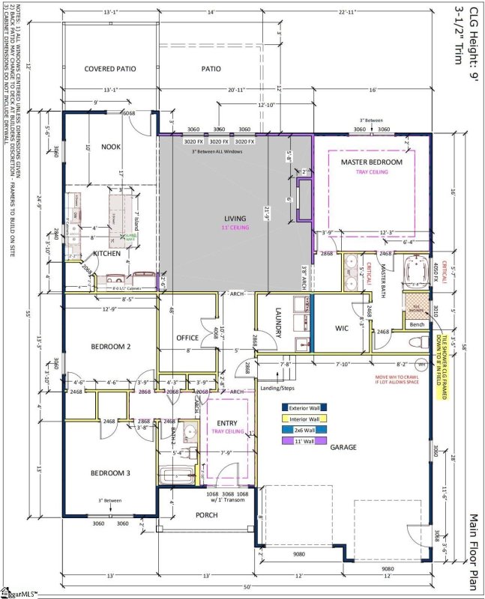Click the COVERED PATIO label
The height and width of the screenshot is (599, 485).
coord(109,68)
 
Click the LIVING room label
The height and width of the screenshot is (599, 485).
coord(235,218)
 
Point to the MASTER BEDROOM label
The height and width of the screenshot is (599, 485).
coord(371,162)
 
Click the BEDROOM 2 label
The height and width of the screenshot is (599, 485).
coord(111,347)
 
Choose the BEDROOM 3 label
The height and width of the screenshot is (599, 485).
coord(111,473)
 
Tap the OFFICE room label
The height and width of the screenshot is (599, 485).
coord(187,338)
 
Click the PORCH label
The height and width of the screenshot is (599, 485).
coord(206,516)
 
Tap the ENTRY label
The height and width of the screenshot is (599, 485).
coord(227,423)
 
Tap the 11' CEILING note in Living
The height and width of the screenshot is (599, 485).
coord(235,228)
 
